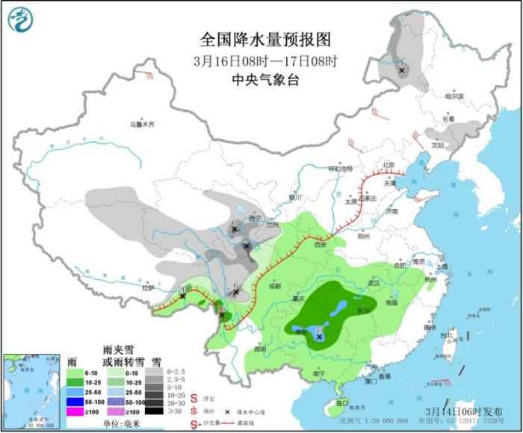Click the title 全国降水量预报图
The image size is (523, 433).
pyautogui.click(x=265, y=39)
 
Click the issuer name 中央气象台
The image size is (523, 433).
pyautogui.click(x=265, y=80)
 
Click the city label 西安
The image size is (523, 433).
pyautogui.click(x=321, y=243)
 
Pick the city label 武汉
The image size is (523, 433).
pyautogui.click(x=374, y=283)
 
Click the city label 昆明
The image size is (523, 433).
pyautogui.click(x=259, y=349)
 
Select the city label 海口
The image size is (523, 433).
pyautogui.click(x=342, y=403)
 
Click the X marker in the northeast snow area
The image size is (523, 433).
pyautogui.click(x=402, y=70)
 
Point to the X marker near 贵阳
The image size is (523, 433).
pyautogui.click(x=320, y=337)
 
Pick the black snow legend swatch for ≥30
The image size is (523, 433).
pyautogui.click(x=155, y=410)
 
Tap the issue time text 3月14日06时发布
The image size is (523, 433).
pyautogui.click(x=457, y=411)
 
